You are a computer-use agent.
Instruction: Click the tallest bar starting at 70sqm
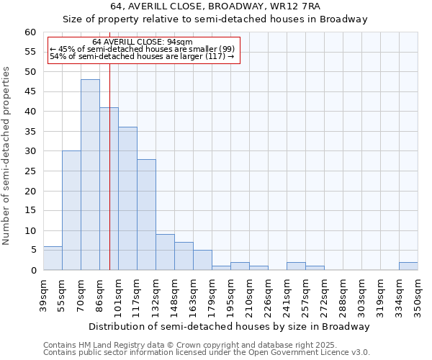90,175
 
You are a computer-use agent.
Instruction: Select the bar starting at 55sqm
71,210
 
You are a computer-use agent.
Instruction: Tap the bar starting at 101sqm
127,199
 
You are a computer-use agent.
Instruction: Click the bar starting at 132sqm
165,252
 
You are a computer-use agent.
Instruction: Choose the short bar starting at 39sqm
53,258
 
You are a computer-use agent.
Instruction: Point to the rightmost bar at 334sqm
408,266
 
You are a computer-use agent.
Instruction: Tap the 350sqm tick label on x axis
418,296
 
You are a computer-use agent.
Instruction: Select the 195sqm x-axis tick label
230,296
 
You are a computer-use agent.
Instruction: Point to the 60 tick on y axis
30,32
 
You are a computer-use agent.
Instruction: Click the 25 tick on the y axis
30,192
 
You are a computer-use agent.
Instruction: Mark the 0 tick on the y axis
33,271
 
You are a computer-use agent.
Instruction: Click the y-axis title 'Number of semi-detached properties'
6,156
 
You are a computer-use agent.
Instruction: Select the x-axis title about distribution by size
230,327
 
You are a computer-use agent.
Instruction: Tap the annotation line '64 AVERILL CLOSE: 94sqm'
143,42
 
